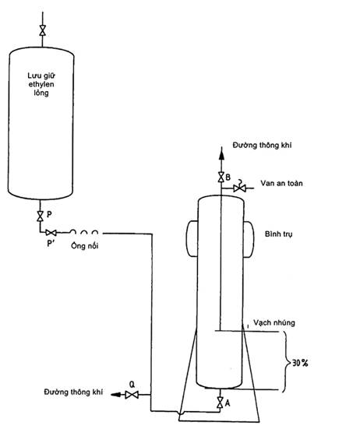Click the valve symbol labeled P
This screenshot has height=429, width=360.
[x=41, y=216]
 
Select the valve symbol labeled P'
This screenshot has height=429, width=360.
[x=51, y=233]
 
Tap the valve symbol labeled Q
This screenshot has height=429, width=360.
[x=132, y=395]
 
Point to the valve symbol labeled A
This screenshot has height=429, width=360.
[x=220, y=402]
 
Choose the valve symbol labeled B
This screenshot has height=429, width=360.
[x=221, y=177]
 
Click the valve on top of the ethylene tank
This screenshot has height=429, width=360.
[x=42, y=30]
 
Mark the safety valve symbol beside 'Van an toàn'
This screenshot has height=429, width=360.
[x=239, y=188]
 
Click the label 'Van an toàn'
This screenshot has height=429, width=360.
[x=281, y=183]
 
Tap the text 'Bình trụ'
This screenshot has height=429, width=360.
[x=278, y=234]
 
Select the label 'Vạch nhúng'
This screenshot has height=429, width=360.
[x=274, y=323]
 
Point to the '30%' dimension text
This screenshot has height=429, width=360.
[x=300, y=363]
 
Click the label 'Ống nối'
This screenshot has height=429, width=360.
[x=84, y=245]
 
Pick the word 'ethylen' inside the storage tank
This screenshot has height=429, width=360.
[x=41, y=84]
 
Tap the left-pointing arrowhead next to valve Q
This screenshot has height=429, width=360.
[x=116, y=395]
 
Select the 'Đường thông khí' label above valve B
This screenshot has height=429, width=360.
[x=262, y=145]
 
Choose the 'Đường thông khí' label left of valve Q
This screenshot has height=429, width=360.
[x=73, y=392]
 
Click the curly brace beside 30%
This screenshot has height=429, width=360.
[x=287, y=362]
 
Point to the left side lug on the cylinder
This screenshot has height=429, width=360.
[x=192, y=238]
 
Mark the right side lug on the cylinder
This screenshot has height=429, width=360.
[x=249, y=239]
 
